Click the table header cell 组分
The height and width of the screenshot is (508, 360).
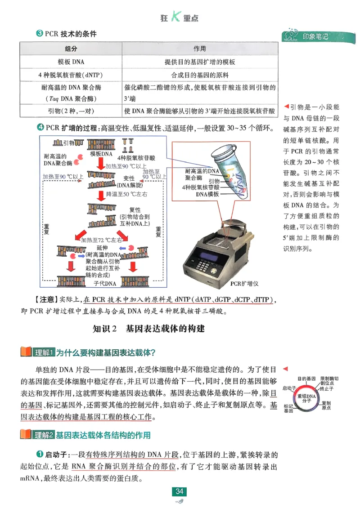71,49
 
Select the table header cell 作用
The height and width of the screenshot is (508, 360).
199,49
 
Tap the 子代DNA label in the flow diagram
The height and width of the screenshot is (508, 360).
104,284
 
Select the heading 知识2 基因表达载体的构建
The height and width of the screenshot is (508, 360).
148,329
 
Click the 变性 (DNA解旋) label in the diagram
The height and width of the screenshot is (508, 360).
129,181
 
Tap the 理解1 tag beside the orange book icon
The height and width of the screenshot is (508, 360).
45,352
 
